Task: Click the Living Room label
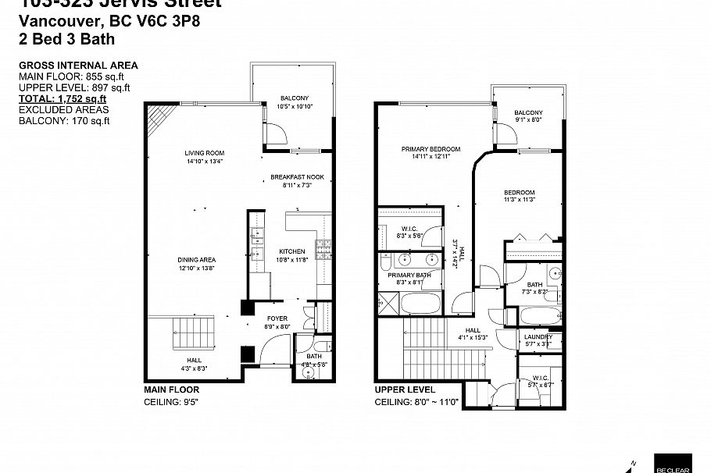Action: pos(205,153)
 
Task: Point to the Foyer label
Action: pos(277,318)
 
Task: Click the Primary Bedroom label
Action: pos(431,149)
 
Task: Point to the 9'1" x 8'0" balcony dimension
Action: pos(528,120)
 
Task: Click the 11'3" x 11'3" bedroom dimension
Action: pos(519,200)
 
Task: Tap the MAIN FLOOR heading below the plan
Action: pos(171,389)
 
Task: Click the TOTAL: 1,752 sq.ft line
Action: pos(62,99)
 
